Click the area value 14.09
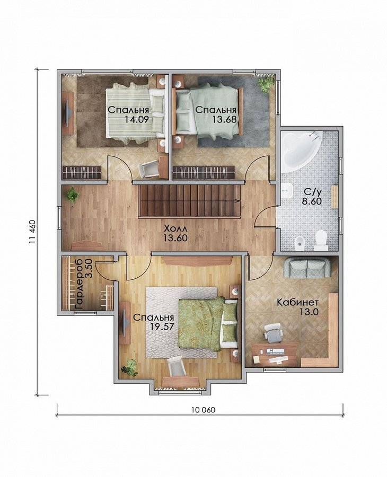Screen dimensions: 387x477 point(137,119)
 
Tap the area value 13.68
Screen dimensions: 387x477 point(224,119)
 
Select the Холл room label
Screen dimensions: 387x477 point(175,228)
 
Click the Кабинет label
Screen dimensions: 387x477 point(297,302)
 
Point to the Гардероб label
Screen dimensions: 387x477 point(79,285)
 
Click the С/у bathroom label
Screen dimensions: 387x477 point(312,192)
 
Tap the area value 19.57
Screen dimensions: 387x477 point(162,326)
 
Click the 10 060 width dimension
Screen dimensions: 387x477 point(203,410)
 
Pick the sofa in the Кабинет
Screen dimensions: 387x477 point(307,268)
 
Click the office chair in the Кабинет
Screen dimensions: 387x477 point(272,332)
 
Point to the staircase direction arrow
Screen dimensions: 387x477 point(236,201)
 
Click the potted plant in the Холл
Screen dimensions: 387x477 point(72,195)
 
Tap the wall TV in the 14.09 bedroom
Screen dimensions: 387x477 point(68,113)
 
